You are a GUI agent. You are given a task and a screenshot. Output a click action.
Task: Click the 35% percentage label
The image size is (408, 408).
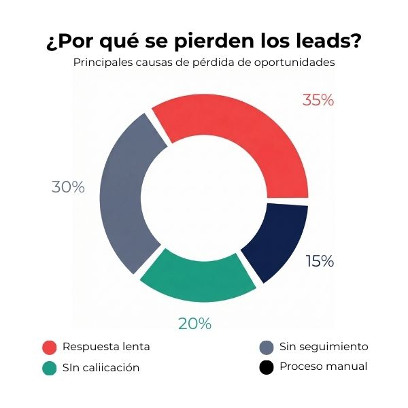point(318,100)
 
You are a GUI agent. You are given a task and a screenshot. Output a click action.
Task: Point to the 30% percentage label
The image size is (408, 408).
point(68,187)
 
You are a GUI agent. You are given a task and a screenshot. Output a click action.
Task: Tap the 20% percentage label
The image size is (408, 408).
point(194,324)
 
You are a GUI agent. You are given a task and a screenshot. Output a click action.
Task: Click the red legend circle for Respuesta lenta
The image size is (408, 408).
point(49,347)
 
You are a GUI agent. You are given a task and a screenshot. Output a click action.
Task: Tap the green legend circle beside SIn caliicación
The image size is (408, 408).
point(49,368)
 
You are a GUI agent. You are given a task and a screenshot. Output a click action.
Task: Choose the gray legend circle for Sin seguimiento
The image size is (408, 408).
point(267,347)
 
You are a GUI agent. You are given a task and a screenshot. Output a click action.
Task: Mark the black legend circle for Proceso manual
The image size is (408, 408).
point(267,367)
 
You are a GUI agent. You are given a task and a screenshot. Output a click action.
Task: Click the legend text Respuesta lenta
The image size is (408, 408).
point(106,347)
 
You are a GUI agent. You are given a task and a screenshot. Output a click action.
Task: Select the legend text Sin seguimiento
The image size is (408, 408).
point(324,347)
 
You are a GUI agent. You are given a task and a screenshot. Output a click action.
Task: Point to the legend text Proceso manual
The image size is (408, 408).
point(323,367)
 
